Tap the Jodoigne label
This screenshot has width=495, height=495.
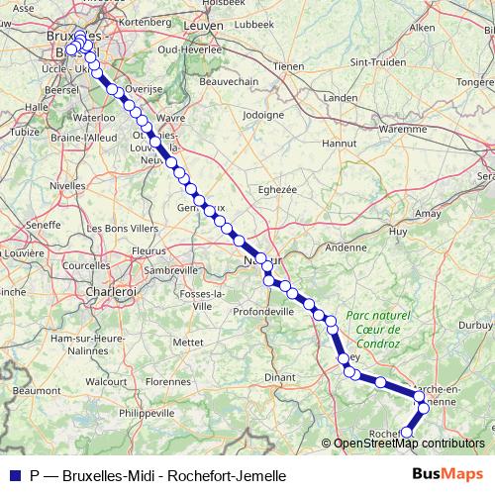tap(260, 116)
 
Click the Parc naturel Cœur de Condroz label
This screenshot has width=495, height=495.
tap(373, 329)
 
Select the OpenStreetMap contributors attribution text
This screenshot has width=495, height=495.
tap(408, 445)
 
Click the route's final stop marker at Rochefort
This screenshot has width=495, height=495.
tap(406, 432)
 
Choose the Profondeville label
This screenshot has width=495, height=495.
tap(263, 311)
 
